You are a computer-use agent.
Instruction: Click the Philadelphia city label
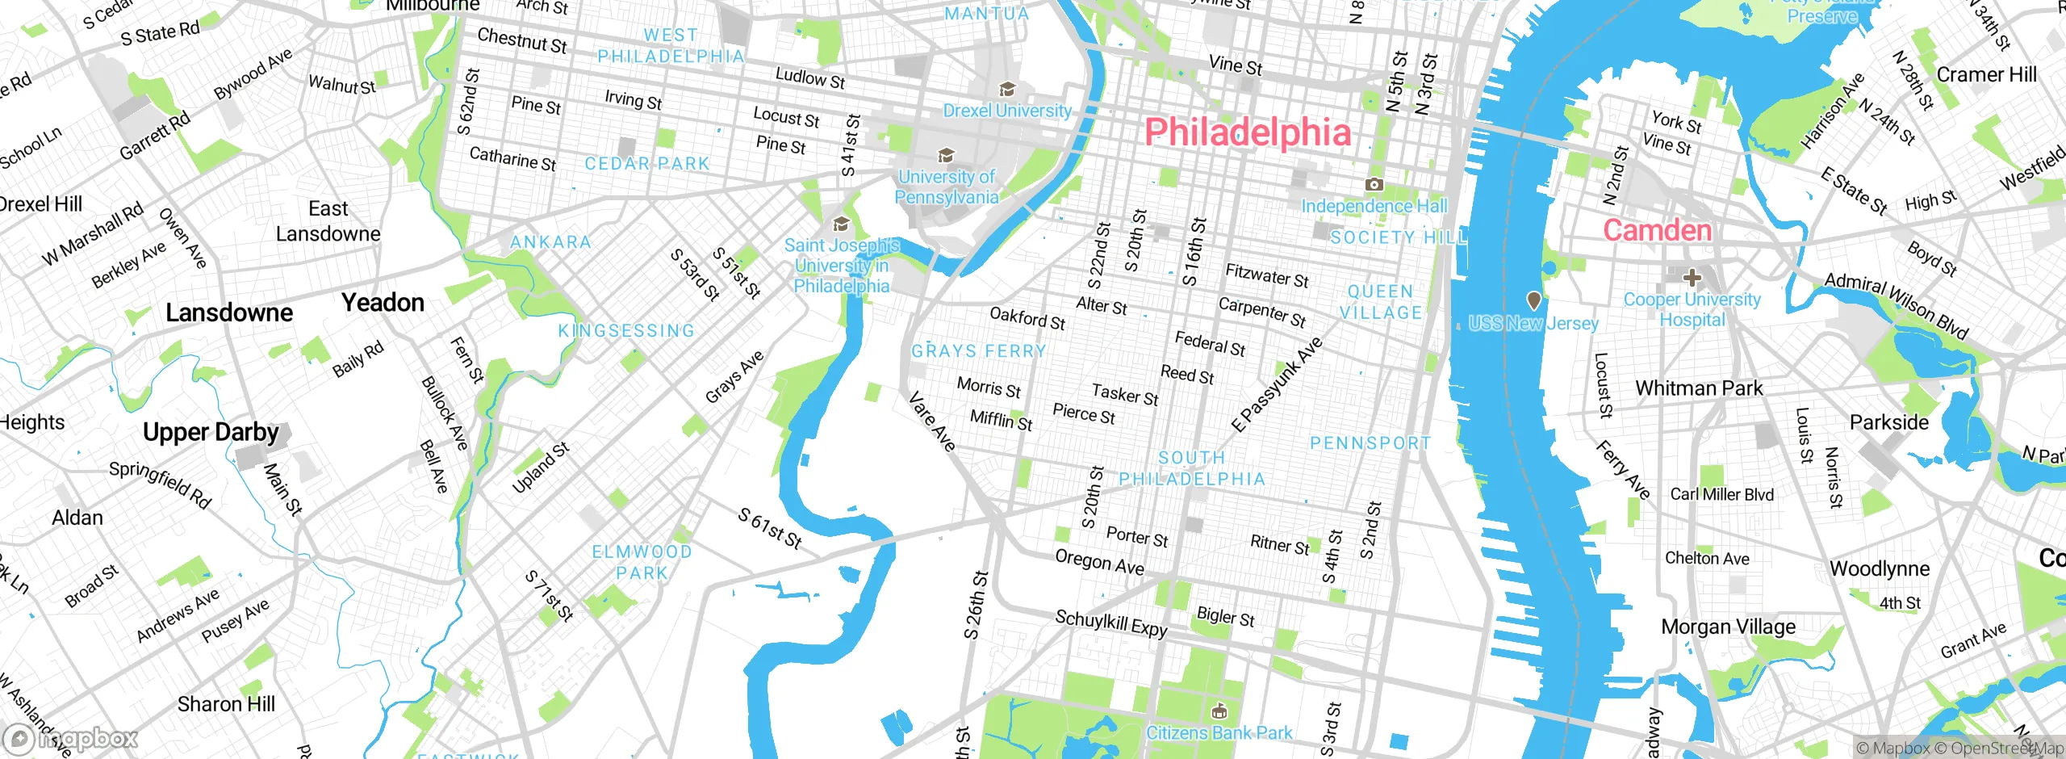pos(1248,132)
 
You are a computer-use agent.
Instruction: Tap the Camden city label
pos(1657,231)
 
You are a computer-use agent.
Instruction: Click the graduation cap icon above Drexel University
pos(1006,89)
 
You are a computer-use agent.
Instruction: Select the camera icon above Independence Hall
pos(1374,185)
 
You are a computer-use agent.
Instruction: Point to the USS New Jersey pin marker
pos(1533,300)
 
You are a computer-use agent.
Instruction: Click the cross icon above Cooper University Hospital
pos(1692,278)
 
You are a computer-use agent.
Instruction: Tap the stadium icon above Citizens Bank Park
pos(1219,711)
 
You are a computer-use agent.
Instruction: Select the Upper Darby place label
pos(211,433)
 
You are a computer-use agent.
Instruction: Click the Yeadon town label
pos(383,303)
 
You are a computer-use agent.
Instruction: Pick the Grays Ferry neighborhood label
pos(978,351)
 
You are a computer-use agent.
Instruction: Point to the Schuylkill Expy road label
pos(1111,623)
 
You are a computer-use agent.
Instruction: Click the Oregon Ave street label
pos(1099,563)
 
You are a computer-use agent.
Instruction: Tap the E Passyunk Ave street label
pos(1277,384)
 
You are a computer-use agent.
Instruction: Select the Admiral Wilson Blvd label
pos(1897,305)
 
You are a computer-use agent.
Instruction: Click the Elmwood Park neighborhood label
pos(642,562)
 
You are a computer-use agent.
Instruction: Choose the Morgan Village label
pos(1728,627)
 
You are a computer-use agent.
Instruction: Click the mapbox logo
pos(71,739)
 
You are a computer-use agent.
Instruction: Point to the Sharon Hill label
pos(226,704)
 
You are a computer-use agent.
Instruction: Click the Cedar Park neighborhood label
pos(646,164)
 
